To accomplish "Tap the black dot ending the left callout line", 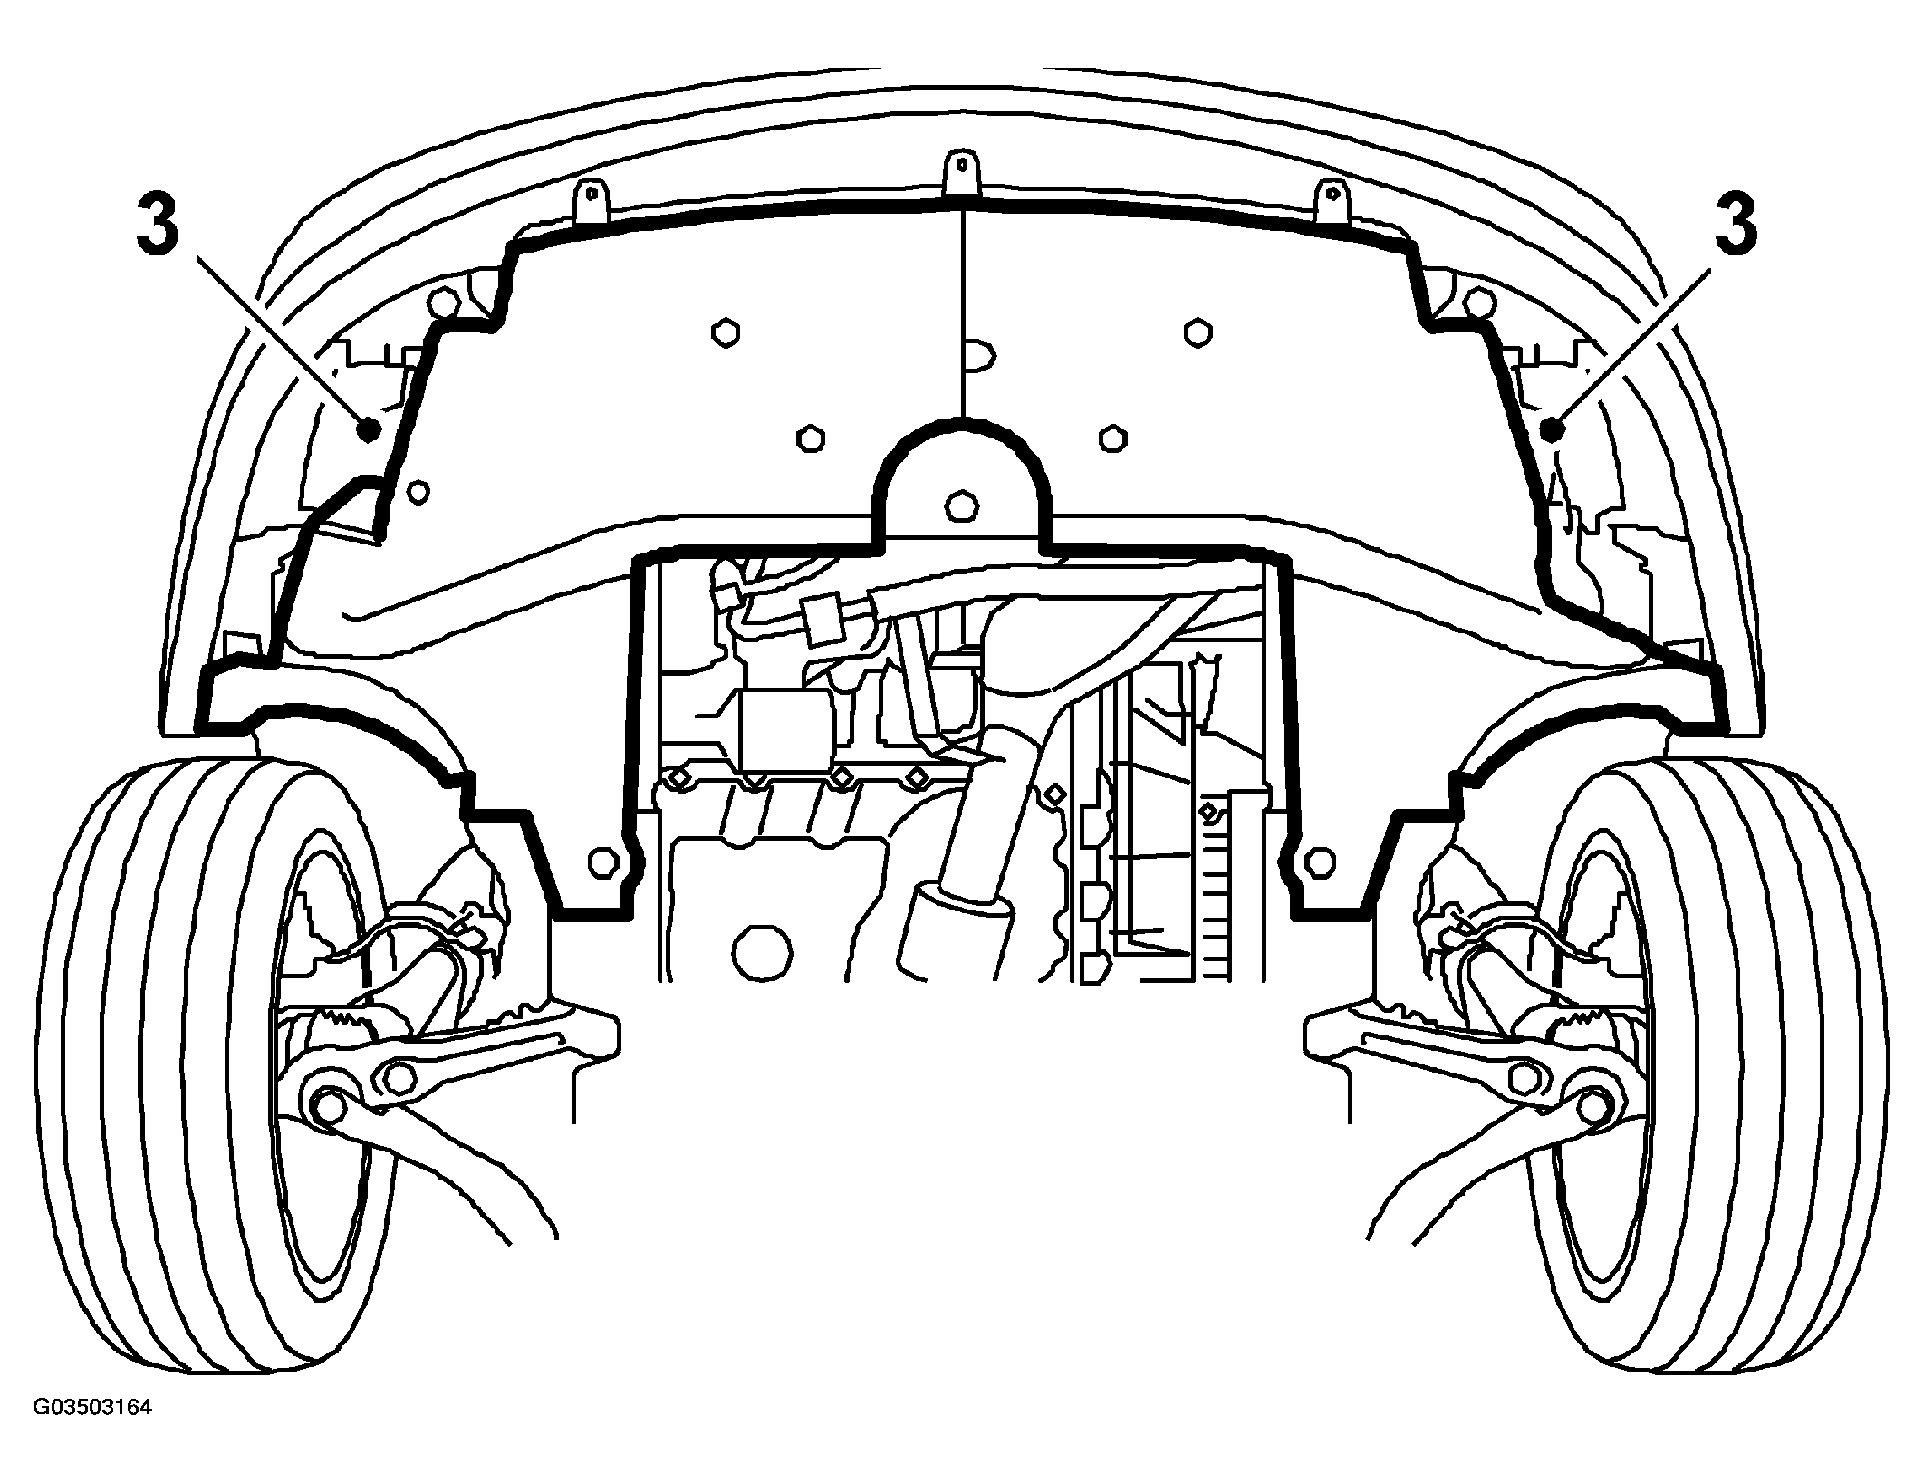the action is pyautogui.click(x=368, y=429).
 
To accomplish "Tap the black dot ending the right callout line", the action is pyautogui.click(x=1551, y=429).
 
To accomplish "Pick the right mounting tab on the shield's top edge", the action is pyautogui.click(x=1331, y=200).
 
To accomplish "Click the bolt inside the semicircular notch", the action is pyautogui.click(x=959, y=505).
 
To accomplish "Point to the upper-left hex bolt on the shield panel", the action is pyautogui.click(x=726, y=332).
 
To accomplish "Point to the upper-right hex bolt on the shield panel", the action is pyautogui.click(x=1198, y=332).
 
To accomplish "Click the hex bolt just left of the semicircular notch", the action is pyautogui.click(x=810, y=439).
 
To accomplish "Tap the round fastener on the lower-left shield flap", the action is pyautogui.click(x=601, y=862).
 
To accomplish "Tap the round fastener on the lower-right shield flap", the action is pyautogui.click(x=1321, y=862).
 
